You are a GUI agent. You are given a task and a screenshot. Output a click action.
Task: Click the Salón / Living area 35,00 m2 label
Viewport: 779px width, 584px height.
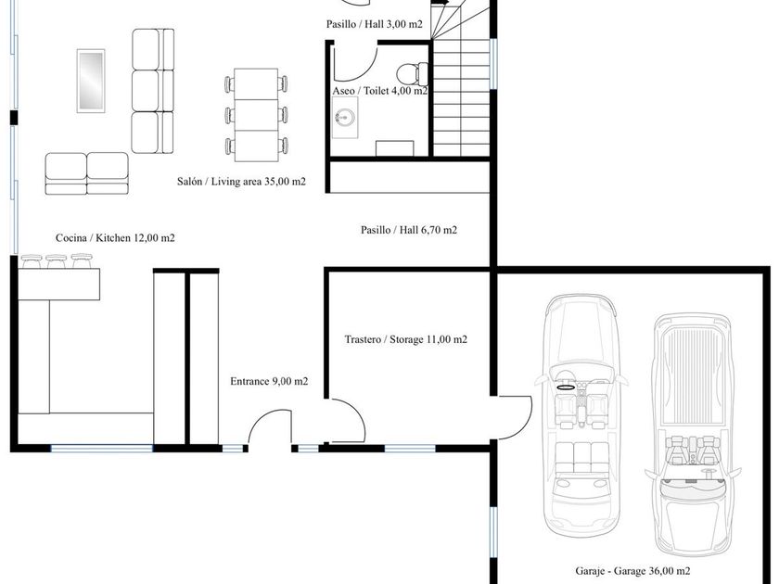(x=241, y=182)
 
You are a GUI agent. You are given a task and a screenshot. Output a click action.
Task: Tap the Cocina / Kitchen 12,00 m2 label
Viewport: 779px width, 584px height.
(x=115, y=238)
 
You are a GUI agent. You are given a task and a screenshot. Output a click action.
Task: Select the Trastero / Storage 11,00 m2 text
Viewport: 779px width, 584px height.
(x=406, y=339)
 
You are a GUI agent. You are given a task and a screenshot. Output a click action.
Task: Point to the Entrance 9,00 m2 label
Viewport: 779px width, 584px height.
(x=269, y=381)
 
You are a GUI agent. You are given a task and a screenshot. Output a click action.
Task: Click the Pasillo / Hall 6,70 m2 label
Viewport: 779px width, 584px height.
(x=409, y=230)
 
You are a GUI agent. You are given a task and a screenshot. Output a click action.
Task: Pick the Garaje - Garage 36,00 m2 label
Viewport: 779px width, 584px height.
(x=632, y=571)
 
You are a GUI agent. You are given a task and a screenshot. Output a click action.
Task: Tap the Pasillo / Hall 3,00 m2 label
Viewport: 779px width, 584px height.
(x=374, y=24)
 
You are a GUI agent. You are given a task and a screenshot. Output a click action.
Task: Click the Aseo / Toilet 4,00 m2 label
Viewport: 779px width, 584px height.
(x=380, y=91)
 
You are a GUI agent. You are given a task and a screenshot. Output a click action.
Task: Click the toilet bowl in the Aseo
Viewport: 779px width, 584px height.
(x=413, y=73)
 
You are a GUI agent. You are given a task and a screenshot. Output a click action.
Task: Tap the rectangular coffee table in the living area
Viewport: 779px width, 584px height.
(x=91, y=81)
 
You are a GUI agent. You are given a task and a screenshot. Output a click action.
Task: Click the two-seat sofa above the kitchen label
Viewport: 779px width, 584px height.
(x=87, y=173)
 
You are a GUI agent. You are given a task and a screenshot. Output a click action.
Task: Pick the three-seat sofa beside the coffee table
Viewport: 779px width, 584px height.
(x=153, y=91)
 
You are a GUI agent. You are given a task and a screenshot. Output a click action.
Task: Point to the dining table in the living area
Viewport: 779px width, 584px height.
(x=256, y=115)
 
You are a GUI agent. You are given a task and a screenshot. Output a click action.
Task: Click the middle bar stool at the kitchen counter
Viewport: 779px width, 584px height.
(x=57, y=260)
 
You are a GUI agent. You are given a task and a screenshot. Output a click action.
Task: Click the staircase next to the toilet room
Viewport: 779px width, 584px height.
(x=462, y=79)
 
